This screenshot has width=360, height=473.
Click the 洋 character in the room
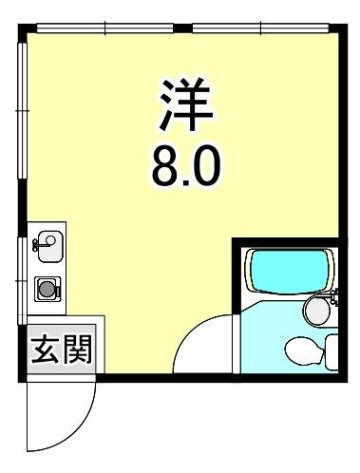(x=185, y=104)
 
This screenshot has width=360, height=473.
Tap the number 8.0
(x=185, y=167)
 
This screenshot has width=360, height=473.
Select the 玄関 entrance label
(x=62, y=350)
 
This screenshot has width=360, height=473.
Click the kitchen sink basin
(x=50, y=246)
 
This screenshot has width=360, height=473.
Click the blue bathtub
(x=289, y=272)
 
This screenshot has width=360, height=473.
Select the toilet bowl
(x=304, y=350)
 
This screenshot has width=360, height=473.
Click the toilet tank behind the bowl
(x=332, y=352)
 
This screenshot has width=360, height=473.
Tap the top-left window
(x=105, y=28)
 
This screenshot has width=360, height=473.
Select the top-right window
(x=260, y=28)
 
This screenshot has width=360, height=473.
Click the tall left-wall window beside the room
(x=23, y=111)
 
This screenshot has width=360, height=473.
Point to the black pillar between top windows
(x=182, y=28)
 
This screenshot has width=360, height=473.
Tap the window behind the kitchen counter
(x=22, y=281)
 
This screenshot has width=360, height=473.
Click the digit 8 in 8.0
(x=165, y=167)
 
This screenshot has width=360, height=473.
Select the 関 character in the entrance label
(x=78, y=350)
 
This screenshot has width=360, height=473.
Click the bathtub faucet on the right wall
(x=333, y=297)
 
